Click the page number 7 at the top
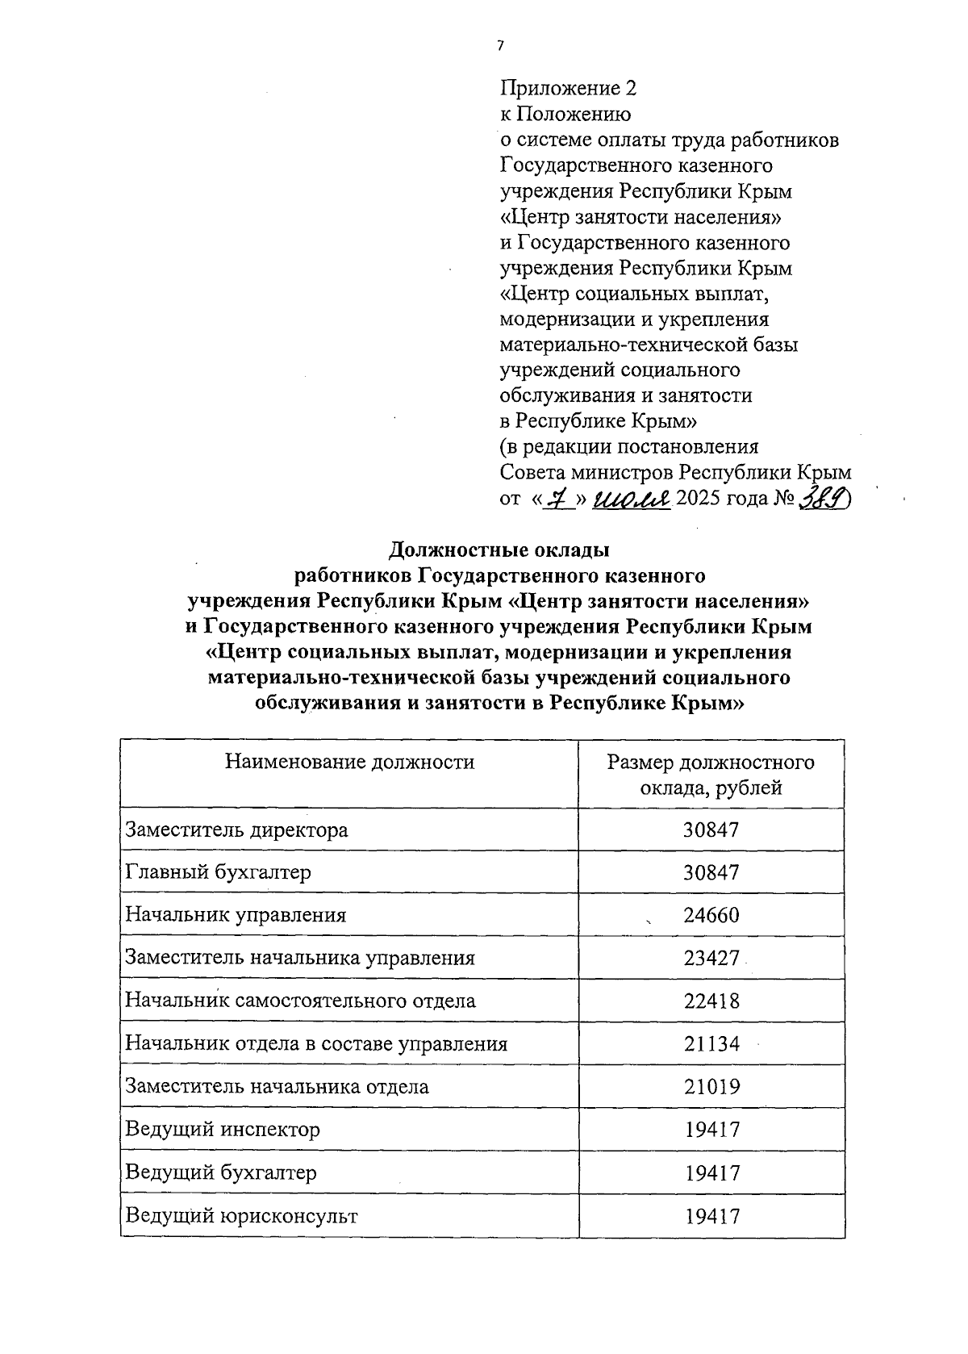500,47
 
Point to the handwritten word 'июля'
631,499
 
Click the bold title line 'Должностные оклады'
499,550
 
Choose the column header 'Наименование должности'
349,762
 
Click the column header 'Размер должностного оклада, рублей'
711,775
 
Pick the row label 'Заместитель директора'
236,830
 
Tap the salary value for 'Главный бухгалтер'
711,872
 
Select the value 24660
711,915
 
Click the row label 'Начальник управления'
236,915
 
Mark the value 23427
711,958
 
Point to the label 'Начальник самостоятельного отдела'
300,1001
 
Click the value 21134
711,1043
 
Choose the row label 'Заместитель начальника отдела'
277,1086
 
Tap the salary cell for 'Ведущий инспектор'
711,1129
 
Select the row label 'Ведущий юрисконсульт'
241,1215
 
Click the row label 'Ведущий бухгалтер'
221,1172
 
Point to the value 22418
711,1001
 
